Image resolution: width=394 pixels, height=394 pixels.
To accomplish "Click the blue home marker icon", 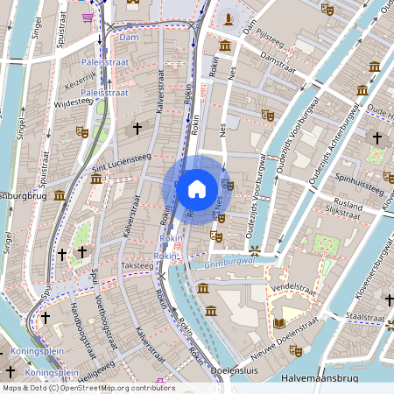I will (x=197, y=189).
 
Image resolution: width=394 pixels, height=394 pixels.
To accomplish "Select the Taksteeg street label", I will (x=137, y=264).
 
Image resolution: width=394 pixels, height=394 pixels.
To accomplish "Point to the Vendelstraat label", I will (x=292, y=286).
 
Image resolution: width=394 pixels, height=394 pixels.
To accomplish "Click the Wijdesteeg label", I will (x=74, y=102).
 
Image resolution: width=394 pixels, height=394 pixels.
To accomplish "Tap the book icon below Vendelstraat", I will (x=278, y=323).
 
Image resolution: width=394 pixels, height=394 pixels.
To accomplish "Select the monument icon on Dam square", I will (x=229, y=17).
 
